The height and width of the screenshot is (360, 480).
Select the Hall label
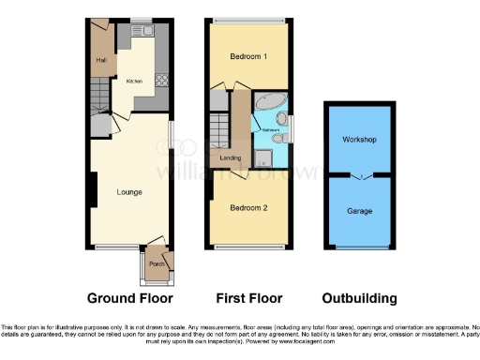pyautogui.click(x=100, y=61)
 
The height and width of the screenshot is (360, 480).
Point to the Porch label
pyautogui.click(x=156, y=263)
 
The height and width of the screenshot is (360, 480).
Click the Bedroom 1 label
pyautogui.click(x=248, y=56)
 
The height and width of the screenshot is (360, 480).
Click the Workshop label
pyautogui.click(x=359, y=140)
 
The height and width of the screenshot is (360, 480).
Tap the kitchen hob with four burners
pyautogui.click(x=161, y=81)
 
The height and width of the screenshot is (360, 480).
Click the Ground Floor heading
pyautogui.click(x=130, y=298)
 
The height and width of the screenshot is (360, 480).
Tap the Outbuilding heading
pyautogui.click(x=359, y=298)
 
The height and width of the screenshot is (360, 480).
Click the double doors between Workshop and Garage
pyautogui.click(x=359, y=175)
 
